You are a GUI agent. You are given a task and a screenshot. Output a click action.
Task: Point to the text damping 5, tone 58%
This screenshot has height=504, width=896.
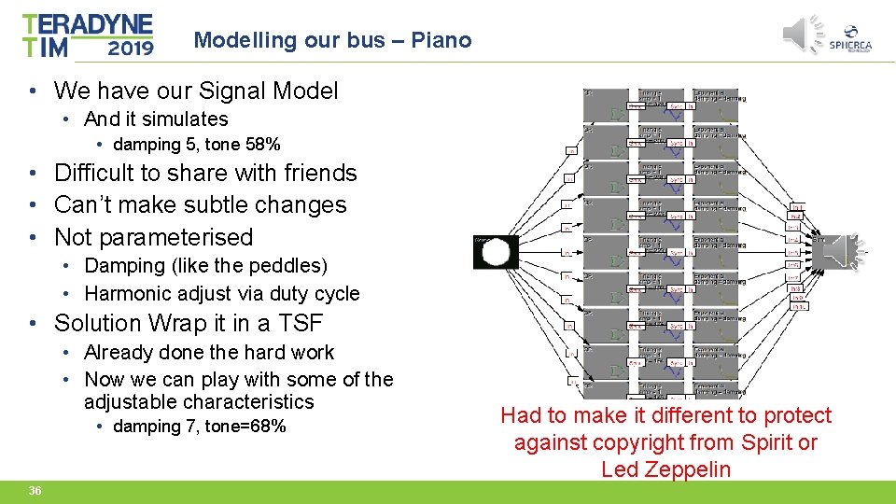click(x=196, y=145)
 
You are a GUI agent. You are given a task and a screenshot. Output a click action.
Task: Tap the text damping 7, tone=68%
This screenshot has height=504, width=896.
click(x=199, y=427)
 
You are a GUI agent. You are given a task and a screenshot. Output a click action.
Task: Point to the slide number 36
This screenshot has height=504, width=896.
click(x=35, y=491)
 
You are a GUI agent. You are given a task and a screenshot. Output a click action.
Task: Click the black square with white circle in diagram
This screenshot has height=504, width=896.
click(x=496, y=252)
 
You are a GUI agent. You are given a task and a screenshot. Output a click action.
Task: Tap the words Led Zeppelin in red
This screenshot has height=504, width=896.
click(x=665, y=469)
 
